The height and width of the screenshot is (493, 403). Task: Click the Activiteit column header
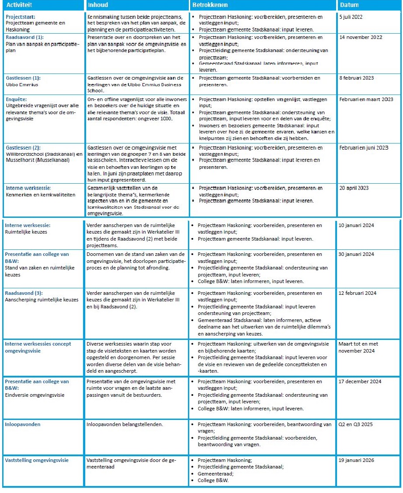(x=18, y=5)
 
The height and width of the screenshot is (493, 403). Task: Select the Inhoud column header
(x=97, y=5)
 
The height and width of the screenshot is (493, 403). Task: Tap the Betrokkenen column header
(x=208, y=5)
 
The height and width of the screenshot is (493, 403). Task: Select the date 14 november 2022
(x=361, y=37)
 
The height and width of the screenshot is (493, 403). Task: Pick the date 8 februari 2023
(x=357, y=78)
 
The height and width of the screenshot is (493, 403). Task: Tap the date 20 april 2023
(x=354, y=188)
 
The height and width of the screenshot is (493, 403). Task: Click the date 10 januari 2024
(x=356, y=225)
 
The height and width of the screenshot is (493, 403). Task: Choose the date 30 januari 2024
(x=356, y=254)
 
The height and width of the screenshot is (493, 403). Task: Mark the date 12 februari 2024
(x=357, y=293)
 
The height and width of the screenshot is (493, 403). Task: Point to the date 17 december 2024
(x=359, y=381)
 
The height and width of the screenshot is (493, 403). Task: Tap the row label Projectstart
(x=19, y=17)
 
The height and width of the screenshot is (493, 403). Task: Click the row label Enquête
(x=16, y=99)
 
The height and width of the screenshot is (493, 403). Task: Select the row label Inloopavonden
(x=22, y=424)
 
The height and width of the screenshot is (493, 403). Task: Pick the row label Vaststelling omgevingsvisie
(x=37, y=460)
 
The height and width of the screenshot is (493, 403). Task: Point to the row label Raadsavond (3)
(x=24, y=293)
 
